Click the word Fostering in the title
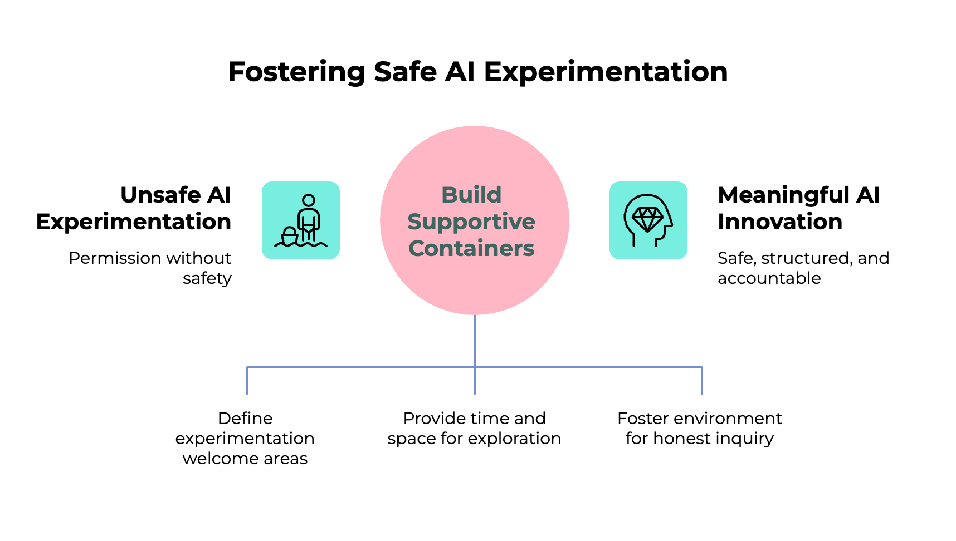pos(296,72)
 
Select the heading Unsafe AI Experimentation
pos(134,208)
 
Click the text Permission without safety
pos(150,268)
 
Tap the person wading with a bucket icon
pos(301,220)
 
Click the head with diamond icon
pos(648,220)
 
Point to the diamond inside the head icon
pos(647,219)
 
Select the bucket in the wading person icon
pos(290,236)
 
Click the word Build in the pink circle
pos(471,195)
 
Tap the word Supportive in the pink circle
pos(471,222)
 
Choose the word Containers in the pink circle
pos(471,248)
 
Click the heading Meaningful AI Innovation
pos(798,208)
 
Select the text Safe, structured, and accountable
pos(803,268)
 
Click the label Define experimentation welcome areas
pos(245,438)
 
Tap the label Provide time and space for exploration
pos(475,428)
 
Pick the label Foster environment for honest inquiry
pos(700,428)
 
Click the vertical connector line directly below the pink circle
pos(475,340)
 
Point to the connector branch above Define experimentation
pos(247,381)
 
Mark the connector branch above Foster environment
pos(702,381)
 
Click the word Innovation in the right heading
pos(780,222)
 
